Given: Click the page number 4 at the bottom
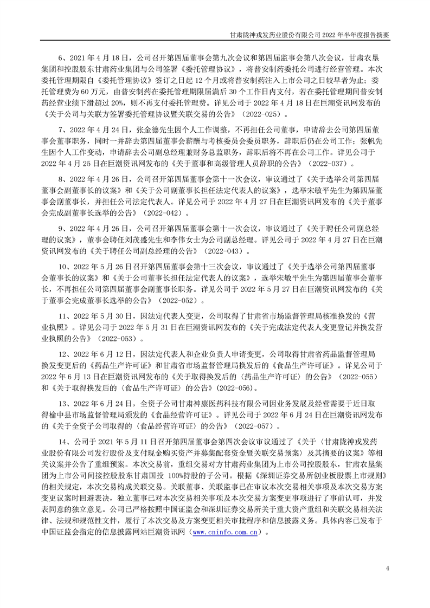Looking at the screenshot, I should (387, 567).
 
